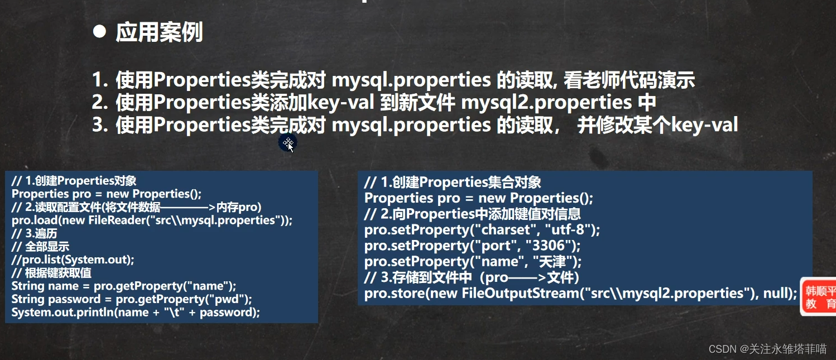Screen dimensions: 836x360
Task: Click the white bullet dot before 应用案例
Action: pos(100,31)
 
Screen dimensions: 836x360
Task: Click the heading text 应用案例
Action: pos(160,32)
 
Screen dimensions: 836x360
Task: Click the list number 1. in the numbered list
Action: pos(100,80)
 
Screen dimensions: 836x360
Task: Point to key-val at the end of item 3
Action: pos(704,124)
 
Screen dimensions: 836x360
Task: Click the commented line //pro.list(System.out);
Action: pos(73,260)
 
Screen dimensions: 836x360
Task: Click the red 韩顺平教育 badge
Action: pos(819,297)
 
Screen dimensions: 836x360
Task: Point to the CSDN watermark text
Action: pos(767,349)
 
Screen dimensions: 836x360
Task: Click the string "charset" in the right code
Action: pos(506,229)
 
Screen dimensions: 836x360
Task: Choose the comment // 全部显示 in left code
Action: pos(40,247)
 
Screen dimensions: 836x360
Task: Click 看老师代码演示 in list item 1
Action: pos(629,80)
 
